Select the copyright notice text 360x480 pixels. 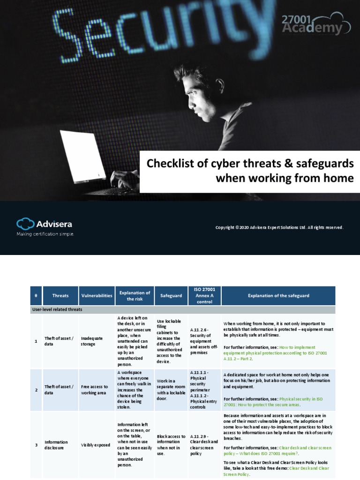[x=279, y=227]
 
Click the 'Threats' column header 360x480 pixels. [x=60, y=296]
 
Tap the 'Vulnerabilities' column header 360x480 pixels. [x=97, y=296]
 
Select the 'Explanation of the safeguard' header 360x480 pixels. [x=278, y=296]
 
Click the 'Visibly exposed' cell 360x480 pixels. [x=95, y=445]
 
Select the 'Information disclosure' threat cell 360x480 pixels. [x=56, y=445]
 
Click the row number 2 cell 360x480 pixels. [x=36, y=390]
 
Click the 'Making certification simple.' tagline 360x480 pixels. [x=45, y=233]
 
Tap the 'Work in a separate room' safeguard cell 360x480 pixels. [x=171, y=390]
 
